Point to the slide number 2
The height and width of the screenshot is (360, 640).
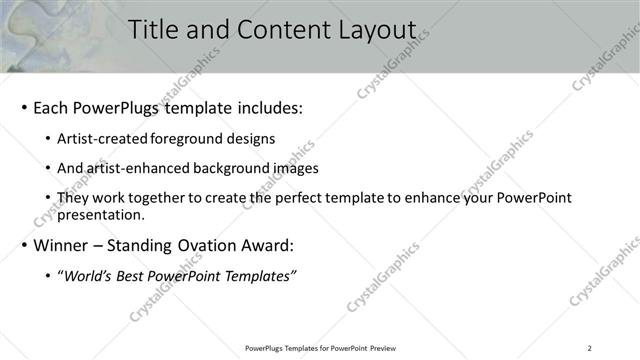(590, 348)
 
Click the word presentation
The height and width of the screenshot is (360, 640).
(103, 214)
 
